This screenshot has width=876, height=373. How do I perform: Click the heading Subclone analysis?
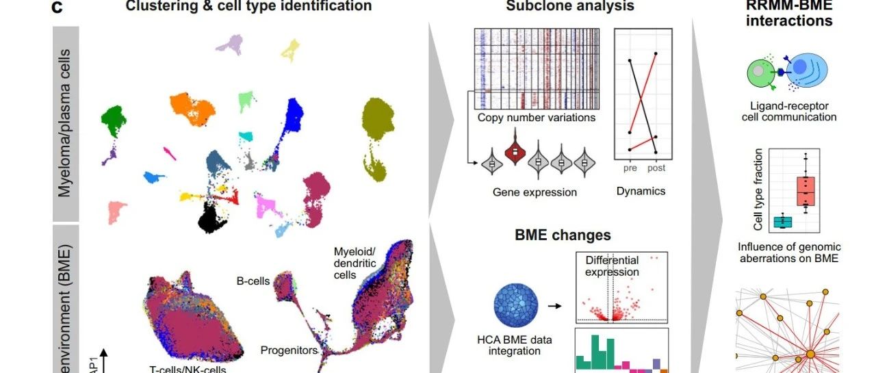point(569,6)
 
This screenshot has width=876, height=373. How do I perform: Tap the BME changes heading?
point(563,235)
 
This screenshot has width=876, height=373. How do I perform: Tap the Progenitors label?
point(289,350)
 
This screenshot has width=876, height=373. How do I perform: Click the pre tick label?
point(630,168)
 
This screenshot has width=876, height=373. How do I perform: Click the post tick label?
point(656,168)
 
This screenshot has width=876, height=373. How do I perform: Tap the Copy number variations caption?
point(536,118)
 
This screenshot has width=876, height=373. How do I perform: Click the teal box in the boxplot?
point(782,221)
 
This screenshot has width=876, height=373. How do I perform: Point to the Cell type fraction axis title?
point(758,190)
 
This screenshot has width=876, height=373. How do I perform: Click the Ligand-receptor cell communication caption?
point(789,112)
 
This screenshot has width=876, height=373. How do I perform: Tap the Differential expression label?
point(612,266)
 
